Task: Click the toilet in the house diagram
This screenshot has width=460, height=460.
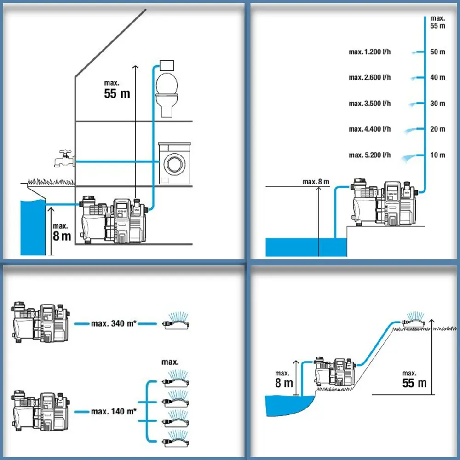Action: coord(167,94)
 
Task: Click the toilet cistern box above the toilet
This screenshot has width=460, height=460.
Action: coord(166,65)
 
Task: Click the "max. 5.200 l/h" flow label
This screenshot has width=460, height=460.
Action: coord(369,155)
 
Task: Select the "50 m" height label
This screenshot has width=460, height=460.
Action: coord(437,52)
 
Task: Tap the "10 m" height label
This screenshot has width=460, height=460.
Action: coord(437,155)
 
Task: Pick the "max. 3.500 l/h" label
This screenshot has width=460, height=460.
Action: coord(369,103)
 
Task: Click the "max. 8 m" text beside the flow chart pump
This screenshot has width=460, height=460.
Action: coord(316,182)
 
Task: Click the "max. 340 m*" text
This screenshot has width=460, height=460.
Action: coord(114,323)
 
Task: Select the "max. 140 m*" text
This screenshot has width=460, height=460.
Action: coord(114,411)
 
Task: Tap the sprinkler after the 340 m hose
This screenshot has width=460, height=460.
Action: coord(177,321)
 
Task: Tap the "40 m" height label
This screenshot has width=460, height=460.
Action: coord(437,78)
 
